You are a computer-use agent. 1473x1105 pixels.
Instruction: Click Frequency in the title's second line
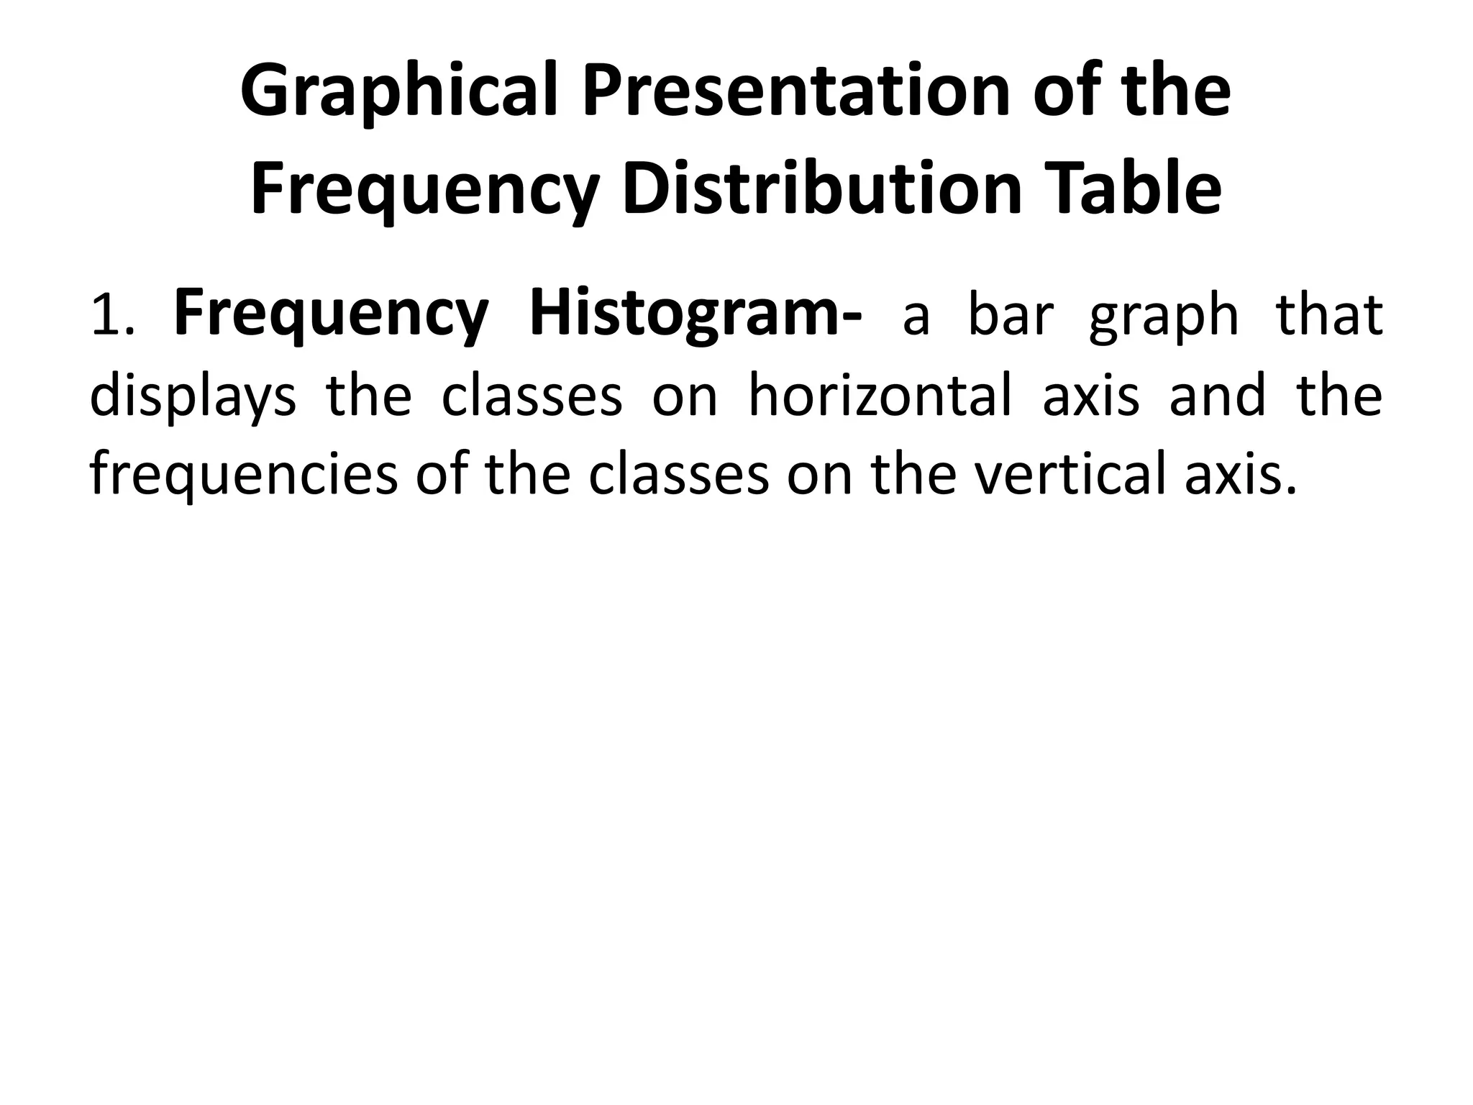[x=424, y=191]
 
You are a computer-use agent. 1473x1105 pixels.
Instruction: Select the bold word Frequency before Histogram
[x=331, y=317]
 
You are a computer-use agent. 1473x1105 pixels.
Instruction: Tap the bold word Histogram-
[x=695, y=317]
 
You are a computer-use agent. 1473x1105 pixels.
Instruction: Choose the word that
[x=1328, y=317]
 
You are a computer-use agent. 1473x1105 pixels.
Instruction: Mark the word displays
[x=193, y=397]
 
